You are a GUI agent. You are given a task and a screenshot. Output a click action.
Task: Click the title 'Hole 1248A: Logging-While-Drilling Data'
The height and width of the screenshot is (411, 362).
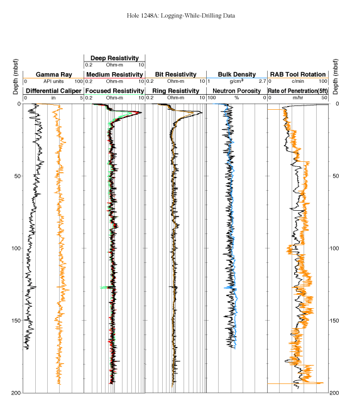click(181, 16)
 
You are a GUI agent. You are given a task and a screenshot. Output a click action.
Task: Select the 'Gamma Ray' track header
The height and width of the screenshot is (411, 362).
click(54, 75)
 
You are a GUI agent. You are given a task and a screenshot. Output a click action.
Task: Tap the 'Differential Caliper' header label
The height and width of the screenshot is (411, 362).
click(53, 91)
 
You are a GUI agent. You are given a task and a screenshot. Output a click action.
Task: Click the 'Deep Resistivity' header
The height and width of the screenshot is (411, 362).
click(114, 58)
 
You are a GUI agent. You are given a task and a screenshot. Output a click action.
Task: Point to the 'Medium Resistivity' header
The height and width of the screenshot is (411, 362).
click(114, 75)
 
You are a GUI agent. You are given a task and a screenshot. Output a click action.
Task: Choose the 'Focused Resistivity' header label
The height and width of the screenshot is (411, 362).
click(115, 91)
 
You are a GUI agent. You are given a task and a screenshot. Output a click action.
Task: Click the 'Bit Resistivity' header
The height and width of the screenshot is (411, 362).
click(175, 75)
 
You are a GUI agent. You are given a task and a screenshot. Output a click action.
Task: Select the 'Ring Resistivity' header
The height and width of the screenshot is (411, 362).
click(175, 91)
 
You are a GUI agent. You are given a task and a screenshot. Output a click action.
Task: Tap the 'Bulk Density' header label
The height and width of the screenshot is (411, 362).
click(237, 75)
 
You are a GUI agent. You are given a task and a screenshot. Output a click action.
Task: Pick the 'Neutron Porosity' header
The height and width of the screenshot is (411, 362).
click(236, 91)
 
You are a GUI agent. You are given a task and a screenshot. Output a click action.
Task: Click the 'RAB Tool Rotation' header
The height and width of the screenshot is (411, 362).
click(298, 75)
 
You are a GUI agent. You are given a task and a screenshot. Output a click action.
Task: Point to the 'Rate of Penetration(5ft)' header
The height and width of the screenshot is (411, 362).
click(298, 91)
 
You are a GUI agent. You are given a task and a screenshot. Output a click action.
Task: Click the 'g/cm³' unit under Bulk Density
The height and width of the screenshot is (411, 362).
click(236, 81)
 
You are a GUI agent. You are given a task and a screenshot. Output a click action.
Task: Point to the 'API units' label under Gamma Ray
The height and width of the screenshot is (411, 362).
click(53, 81)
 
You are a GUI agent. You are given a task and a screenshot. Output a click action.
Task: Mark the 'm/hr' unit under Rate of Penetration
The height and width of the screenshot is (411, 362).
click(298, 98)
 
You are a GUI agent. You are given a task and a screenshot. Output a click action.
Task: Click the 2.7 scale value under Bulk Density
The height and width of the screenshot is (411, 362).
click(263, 81)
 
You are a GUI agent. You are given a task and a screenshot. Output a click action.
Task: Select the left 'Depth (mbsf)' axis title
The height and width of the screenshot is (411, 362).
click(16, 77)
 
